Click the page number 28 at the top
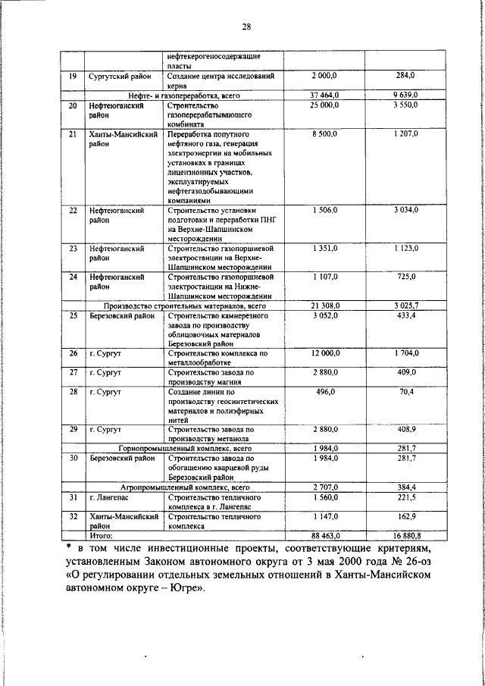point(246,28)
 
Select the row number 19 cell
point(72,77)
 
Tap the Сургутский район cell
point(118,77)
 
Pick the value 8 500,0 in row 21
point(324,134)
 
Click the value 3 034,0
point(406,210)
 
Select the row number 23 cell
point(72,248)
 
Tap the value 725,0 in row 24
point(406,277)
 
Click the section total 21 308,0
point(324,305)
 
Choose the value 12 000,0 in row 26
point(324,353)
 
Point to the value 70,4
point(406,391)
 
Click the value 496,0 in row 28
point(324,391)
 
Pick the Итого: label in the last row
point(101,535)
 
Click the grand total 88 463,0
point(324,535)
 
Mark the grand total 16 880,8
point(406,535)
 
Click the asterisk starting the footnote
point(67,547)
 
